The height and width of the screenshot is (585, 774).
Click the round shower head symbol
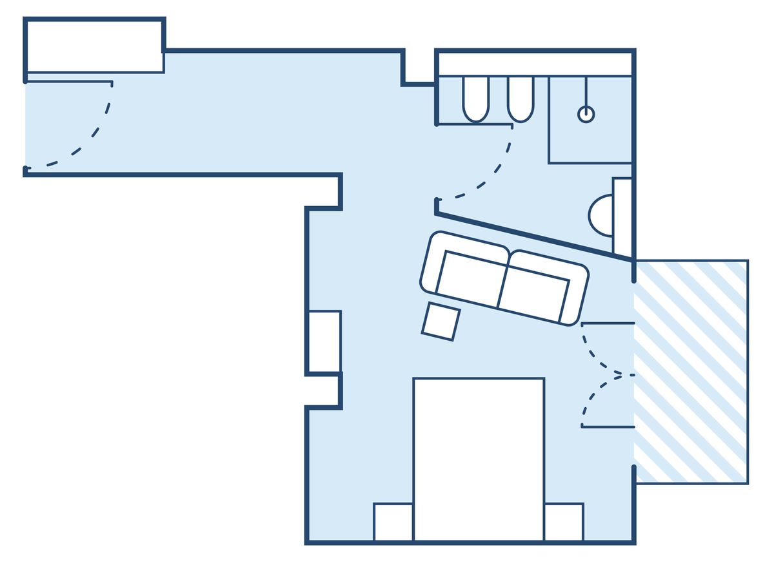click(586, 114)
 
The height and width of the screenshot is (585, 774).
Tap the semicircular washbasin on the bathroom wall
click(601, 215)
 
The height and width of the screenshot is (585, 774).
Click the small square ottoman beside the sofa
click(441, 321)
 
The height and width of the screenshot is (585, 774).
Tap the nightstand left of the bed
click(393, 522)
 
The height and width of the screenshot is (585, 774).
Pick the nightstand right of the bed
click(564, 522)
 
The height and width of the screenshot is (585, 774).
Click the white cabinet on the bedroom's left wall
click(324, 341)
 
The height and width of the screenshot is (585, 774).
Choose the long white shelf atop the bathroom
click(535, 64)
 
